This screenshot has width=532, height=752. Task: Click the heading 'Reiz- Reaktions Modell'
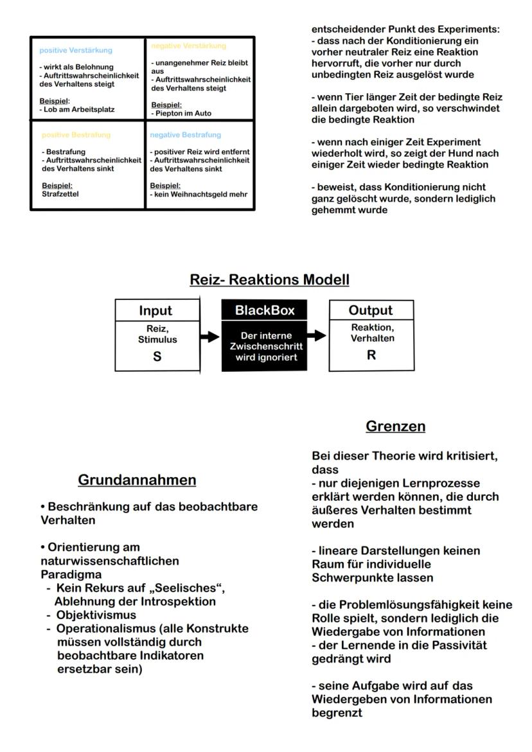[x=269, y=280]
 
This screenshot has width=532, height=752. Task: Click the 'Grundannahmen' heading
[x=137, y=480]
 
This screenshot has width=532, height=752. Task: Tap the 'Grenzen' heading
[x=395, y=426]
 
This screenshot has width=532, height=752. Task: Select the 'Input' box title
[x=155, y=311]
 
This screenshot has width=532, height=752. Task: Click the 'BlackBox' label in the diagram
[x=265, y=311]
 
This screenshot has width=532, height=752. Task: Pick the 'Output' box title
[x=371, y=310]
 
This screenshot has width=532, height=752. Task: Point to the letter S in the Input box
[x=157, y=356]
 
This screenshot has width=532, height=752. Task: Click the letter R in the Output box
[x=371, y=354]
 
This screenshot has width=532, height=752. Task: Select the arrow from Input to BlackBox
[x=209, y=337]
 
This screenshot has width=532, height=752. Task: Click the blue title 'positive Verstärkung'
[x=76, y=50]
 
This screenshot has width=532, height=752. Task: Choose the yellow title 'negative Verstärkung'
[x=188, y=46]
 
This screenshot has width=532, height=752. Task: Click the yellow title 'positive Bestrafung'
[x=76, y=135]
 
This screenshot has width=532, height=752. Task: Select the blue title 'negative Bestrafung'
[x=185, y=135]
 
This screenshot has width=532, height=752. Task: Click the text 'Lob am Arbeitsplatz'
[x=78, y=110]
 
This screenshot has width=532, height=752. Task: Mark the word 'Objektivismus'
[x=96, y=615]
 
